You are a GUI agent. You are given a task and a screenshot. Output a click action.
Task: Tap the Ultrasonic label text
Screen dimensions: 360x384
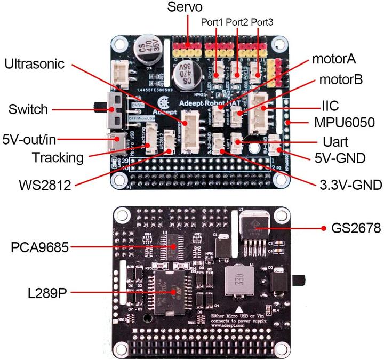click(x=35, y=64)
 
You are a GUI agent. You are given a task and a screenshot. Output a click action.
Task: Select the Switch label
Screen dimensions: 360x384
click(x=28, y=110)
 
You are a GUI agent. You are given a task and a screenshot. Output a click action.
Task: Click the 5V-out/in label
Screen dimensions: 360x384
click(x=28, y=139)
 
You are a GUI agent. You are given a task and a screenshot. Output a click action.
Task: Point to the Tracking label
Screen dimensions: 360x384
click(x=58, y=157)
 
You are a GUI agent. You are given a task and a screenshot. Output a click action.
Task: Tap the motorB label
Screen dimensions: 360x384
click(x=341, y=80)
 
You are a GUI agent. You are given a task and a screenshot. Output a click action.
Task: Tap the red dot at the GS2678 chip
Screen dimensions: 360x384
click(x=324, y=229)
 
